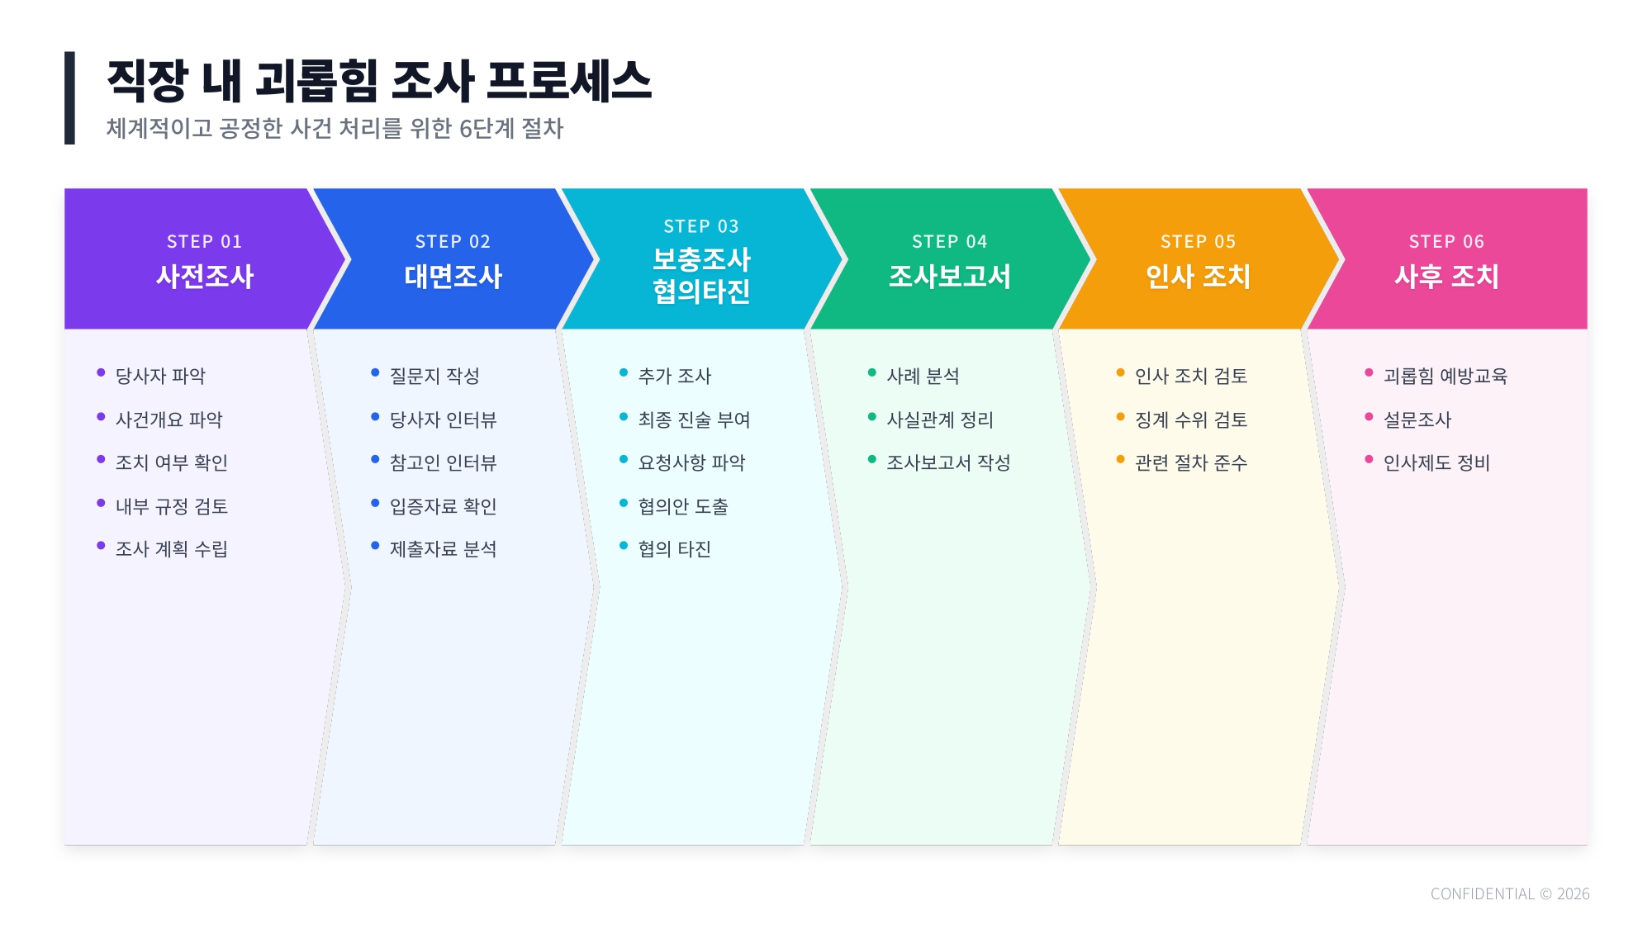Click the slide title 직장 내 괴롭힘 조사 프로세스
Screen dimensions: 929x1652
click(x=379, y=81)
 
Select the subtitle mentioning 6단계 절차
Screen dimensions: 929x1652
click(x=335, y=129)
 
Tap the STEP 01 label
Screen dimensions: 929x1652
click(x=204, y=242)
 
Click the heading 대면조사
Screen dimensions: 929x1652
click(x=453, y=277)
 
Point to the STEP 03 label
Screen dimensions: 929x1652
click(x=701, y=226)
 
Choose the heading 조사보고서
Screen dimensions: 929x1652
click(x=949, y=277)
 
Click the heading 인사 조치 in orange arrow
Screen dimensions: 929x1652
click(x=1198, y=277)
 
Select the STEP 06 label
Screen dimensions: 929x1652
click(x=1446, y=242)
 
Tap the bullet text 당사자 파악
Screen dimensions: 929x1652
click(x=160, y=377)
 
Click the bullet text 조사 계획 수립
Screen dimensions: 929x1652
click(x=171, y=549)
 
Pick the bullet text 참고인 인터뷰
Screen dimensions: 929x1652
click(x=443, y=463)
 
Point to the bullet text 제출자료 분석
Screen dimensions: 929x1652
click(x=443, y=549)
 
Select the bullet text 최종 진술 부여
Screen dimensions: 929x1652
click(x=694, y=420)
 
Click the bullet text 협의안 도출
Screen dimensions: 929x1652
click(x=683, y=506)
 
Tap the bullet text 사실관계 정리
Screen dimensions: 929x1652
click(x=940, y=420)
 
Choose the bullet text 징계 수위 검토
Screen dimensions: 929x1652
click(x=1191, y=420)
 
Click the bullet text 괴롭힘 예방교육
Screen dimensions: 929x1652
click(x=1445, y=377)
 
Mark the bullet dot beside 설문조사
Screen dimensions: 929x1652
click(x=1369, y=417)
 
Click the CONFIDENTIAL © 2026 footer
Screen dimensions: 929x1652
click(x=1510, y=894)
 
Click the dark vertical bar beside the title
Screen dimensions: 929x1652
click(x=69, y=98)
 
